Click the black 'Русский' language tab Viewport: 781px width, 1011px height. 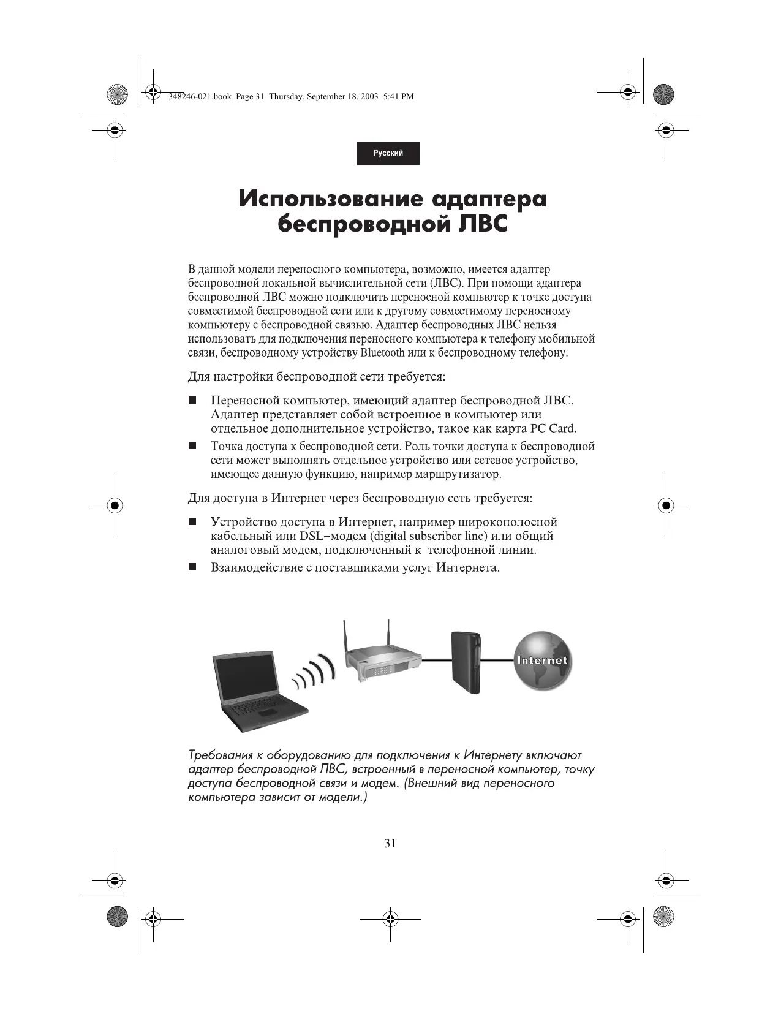point(388,153)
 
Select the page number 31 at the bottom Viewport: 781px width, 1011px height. point(390,843)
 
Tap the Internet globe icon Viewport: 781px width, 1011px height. point(542,661)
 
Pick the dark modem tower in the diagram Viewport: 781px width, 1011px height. point(466,663)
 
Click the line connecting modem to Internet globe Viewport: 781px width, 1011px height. point(497,660)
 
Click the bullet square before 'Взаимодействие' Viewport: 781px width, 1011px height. point(192,568)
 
